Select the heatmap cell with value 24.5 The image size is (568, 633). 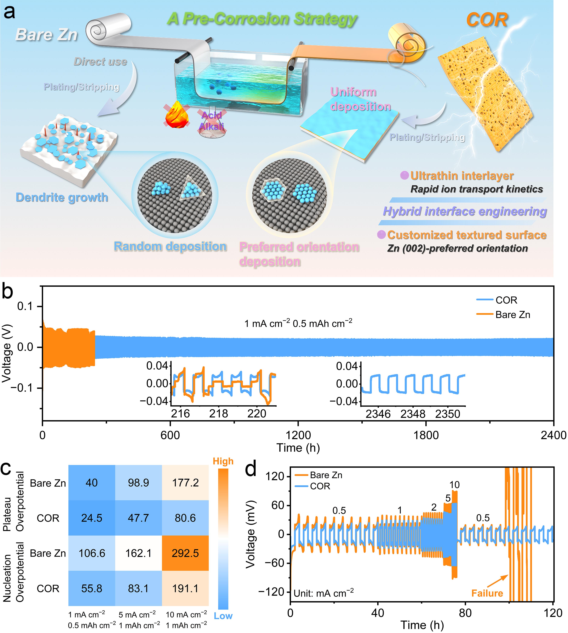(x=92, y=518)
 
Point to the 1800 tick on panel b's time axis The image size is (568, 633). (x=426, y=435)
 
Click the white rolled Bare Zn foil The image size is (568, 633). (x=108, y=30)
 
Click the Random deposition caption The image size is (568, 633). (x=170, y=247)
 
